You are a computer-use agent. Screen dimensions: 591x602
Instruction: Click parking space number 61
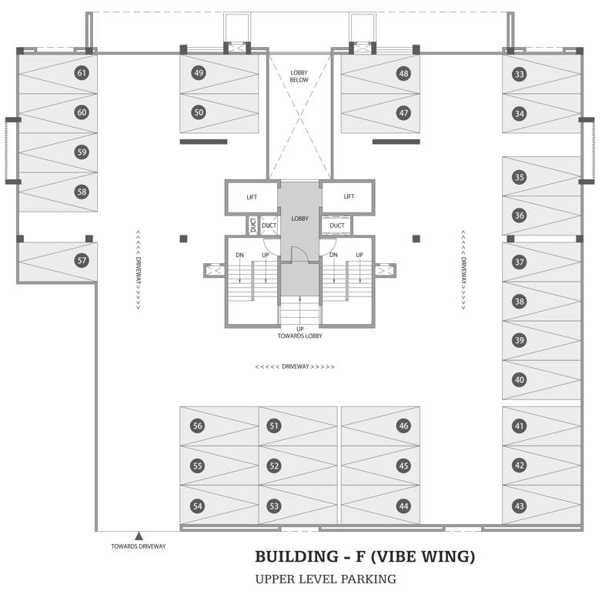click(x=82, y=73)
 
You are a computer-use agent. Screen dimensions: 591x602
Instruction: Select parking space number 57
click(x=82, y=261)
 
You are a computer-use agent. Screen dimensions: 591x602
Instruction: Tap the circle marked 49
click(x=199, y=73)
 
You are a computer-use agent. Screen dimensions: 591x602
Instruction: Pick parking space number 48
click(x=403, y=73)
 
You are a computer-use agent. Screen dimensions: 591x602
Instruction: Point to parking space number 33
click(x=520, y=74)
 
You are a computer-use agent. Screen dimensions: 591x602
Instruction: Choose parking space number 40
click(x=520, y=379)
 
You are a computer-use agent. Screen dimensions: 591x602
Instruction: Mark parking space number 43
click(x=520, y=506)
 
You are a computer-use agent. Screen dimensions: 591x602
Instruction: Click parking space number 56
click(x=198, y=426)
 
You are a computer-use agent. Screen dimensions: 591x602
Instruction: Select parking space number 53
click(x=274, y=506)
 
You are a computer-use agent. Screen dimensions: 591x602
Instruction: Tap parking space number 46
click(x=403, y=426)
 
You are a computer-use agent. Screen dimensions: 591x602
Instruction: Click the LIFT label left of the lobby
click(x=252, y=197)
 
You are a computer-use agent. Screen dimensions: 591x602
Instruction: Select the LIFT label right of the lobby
click(x=349, y=196)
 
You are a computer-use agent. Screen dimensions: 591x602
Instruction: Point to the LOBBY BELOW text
click(x=299, y=76)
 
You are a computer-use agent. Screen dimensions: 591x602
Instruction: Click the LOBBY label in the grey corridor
click(x=299, y=219)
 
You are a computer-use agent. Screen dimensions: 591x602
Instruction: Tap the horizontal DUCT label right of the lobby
click(x=336, y=225)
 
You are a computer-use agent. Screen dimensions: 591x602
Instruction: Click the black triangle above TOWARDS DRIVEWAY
click(x=139, y=536)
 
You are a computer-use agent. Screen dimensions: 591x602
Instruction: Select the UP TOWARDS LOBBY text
click(x=299, y=333)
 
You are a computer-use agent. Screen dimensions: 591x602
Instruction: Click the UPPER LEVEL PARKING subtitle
click(x=325, y=579)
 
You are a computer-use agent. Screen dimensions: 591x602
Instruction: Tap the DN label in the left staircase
click(x=239, y=255)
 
